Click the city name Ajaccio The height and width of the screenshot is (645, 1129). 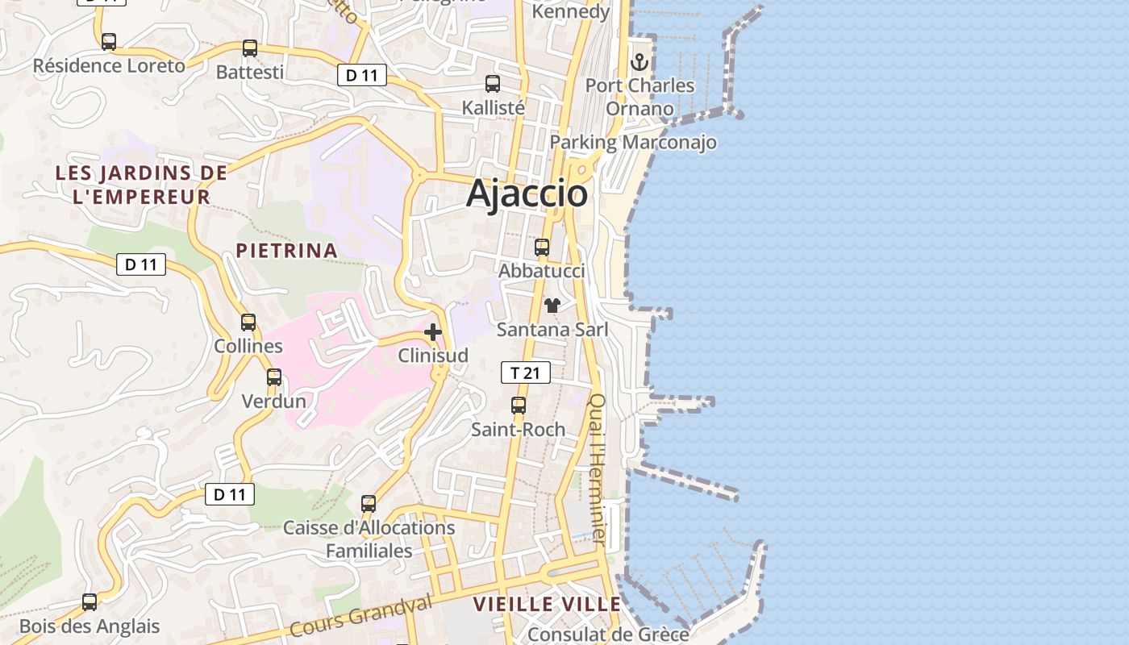point(527,193)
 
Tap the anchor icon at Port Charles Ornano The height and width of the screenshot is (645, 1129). point(639,61)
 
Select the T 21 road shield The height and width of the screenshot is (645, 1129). point(526,372)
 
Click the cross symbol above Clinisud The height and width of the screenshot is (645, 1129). point(433,331)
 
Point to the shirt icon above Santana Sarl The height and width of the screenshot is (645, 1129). point(552,306)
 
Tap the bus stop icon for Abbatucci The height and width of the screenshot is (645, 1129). point(542,248)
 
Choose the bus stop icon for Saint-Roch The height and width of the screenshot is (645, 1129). point(519,406)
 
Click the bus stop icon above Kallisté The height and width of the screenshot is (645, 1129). point(493,84)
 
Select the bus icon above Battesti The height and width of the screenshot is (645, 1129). point(250,48)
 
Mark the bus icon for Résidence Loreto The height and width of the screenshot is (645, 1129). point(109,42)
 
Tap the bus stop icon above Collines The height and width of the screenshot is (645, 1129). point(248,322)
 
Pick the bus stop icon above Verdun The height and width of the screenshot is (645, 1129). point(274,377)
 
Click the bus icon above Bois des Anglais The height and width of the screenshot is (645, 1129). point(90,602)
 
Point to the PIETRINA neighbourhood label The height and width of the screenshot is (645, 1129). point(286,251)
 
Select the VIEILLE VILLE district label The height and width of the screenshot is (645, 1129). point(547,604)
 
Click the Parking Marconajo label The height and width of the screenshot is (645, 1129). point(633,143)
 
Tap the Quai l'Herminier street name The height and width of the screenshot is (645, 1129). point(598,468)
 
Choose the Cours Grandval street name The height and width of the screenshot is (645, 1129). point(360,617)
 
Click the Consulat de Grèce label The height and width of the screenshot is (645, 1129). point(608,635)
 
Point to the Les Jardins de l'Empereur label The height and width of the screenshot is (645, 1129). point(141,184)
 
